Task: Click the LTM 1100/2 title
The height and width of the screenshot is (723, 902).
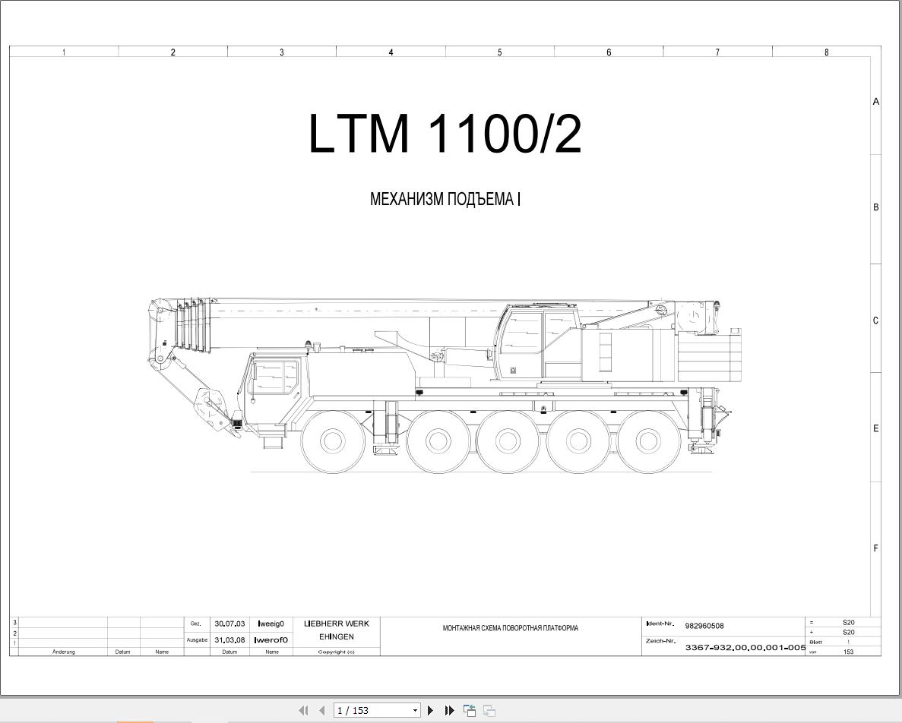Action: click(x=445, y=134)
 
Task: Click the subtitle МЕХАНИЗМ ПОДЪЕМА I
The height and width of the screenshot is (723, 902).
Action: click(x=445, y=199)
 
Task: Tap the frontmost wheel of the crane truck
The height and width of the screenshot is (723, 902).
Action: click(x=333, y=440)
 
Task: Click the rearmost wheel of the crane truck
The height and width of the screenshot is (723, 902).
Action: click(x=648, y=440)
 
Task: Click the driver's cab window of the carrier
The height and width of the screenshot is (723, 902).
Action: click(x=276, y=379)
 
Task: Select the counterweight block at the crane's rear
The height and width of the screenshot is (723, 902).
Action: click(x=710, y=359)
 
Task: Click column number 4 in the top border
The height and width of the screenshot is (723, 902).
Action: click(x=391, y=52)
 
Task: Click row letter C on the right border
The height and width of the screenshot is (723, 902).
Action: click(x=875, y=320)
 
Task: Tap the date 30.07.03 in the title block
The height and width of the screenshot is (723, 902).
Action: click(x=229, y=624)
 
